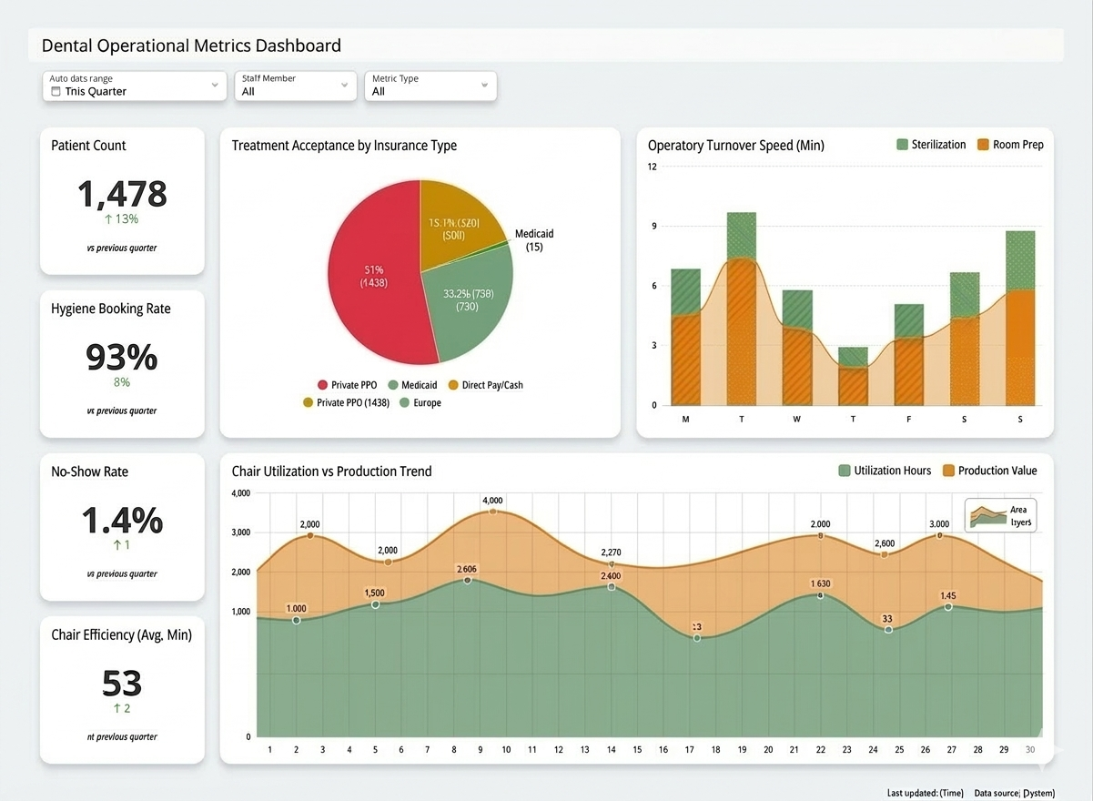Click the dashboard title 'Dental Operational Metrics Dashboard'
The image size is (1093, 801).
pyautogui.click(x=191, y=46)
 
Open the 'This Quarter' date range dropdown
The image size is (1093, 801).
pyautogui.click(x=134, y=86)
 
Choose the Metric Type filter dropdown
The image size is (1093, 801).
pyautogui.click(x=430, y=86)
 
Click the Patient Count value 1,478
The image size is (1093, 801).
pyautogui.click(x=122, y=194)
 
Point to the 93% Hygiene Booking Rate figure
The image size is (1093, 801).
pyautogui.click(x=122, y=357)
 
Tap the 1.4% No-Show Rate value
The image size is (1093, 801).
pyautogui.click(x=122, y=520)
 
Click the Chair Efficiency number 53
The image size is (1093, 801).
pyautogui.click(x=122, y=683)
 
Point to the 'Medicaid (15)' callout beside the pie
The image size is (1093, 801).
pyautogui.click(x=534, y=240)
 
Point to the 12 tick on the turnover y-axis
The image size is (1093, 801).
pyautogui.click(x=653, y=167)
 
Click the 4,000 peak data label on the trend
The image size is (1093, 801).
pyautogui.click(x=492, y=501)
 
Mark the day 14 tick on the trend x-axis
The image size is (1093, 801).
pyautogui.click(x=611, y=750)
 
